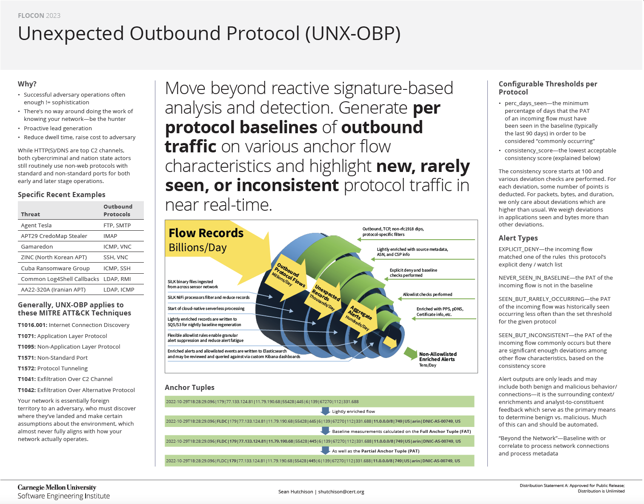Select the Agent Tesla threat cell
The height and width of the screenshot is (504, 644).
(36, 226)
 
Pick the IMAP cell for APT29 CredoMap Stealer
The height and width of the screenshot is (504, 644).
(110, 236)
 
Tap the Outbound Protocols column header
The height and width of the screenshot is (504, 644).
(117, 210)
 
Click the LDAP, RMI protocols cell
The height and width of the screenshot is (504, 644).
(117, 279)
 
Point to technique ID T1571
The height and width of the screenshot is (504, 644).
(26, 358)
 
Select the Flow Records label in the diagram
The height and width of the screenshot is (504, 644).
(206, 233)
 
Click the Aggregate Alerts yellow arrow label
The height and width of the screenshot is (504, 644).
(360, 315)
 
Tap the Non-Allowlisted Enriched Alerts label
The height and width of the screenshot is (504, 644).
(438, 357)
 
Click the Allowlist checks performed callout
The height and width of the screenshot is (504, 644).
(427, 295)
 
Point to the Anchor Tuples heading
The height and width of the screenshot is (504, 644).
(189, 387)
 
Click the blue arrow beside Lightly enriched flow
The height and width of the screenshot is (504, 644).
(325, 411)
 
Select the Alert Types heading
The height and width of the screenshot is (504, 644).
(518, 238)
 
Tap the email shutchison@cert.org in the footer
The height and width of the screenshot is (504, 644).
(341, 492)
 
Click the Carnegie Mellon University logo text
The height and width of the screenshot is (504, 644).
(57, 487)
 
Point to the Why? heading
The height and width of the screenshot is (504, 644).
(27, 84)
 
